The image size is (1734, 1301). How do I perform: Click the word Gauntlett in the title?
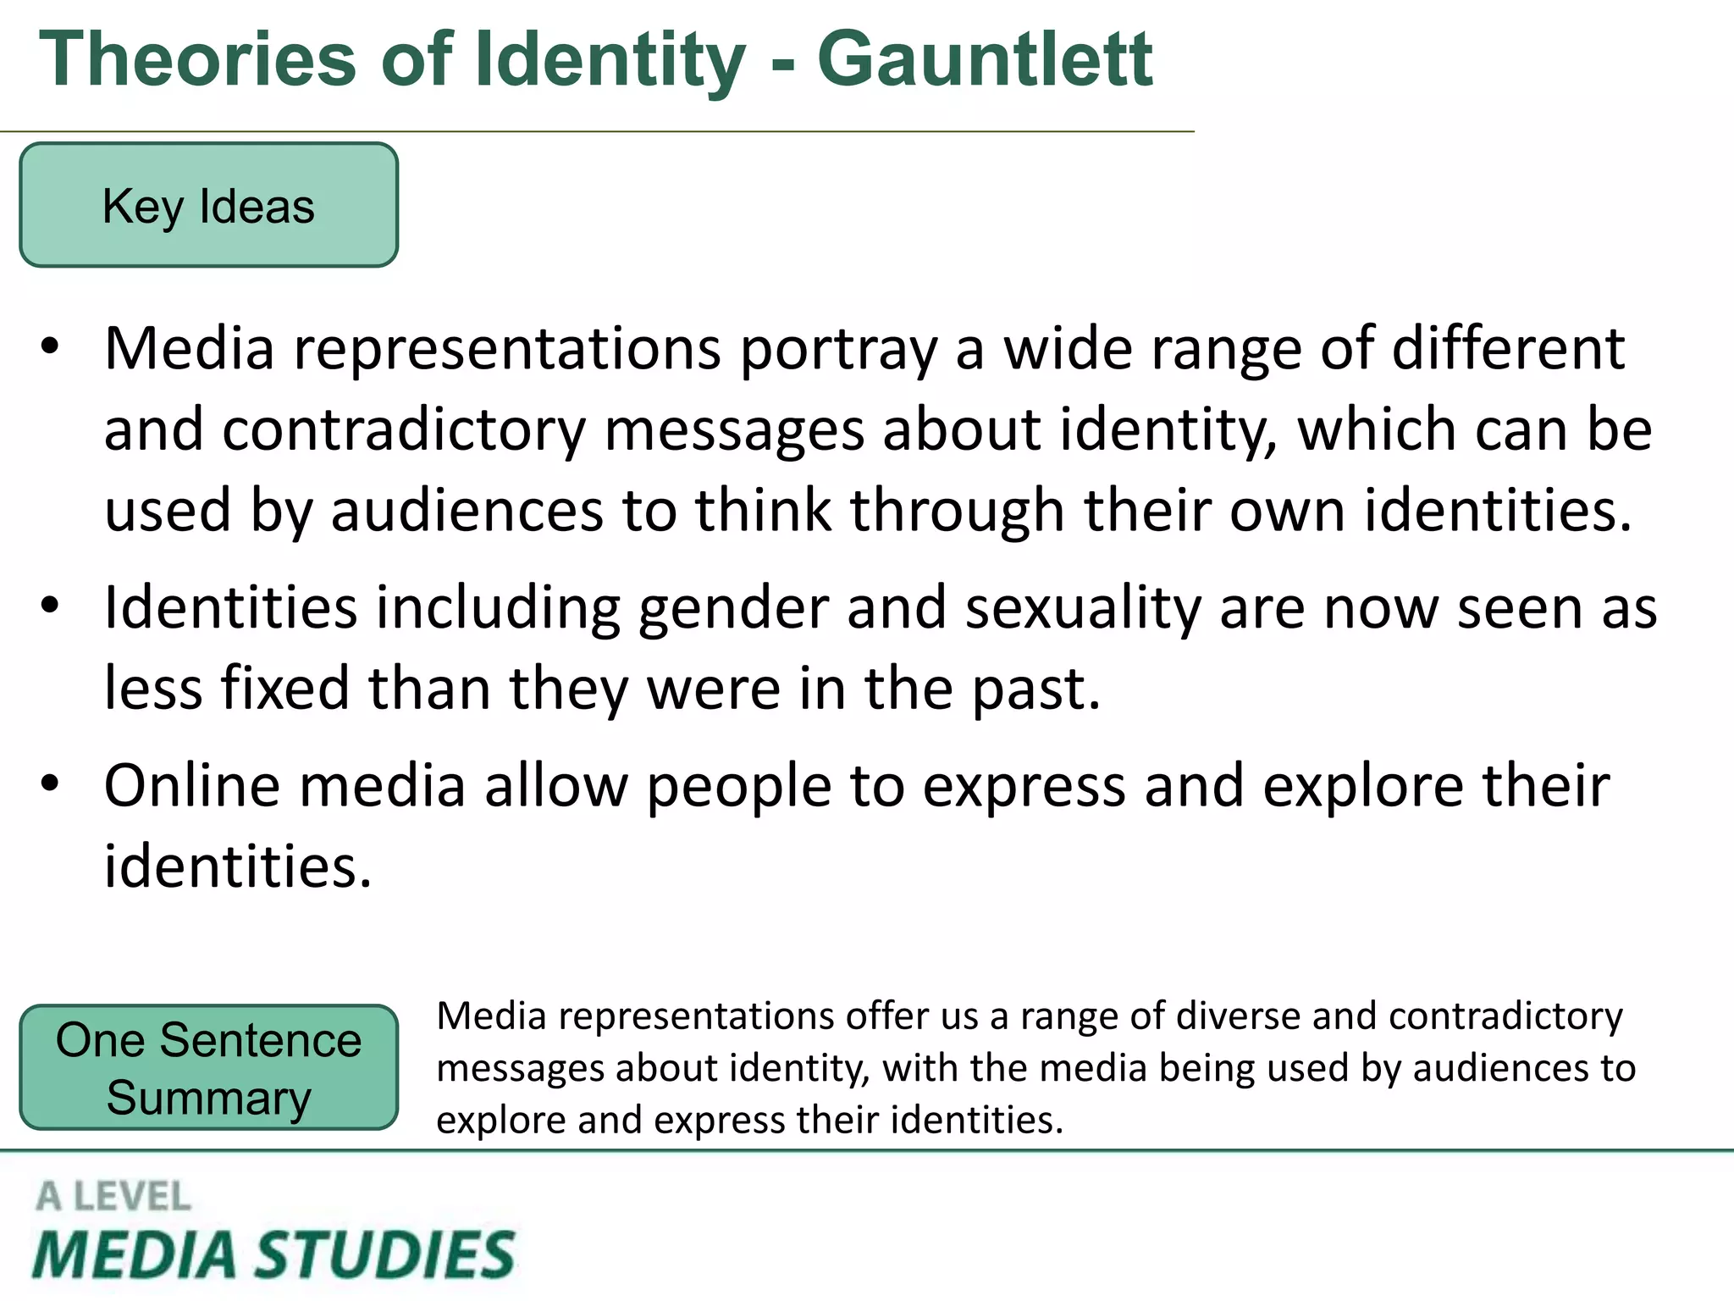pos(984,59)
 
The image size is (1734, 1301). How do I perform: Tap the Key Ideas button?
pos(208,206)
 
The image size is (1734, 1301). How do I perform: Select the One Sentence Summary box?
pos(208,1068)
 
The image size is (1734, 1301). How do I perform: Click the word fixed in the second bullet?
pos(285,689)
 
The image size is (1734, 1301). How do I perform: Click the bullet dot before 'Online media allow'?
pos(51,783)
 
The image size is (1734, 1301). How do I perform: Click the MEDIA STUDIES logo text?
pos(273,1254)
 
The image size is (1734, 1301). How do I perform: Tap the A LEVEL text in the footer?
pos(113,1197)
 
